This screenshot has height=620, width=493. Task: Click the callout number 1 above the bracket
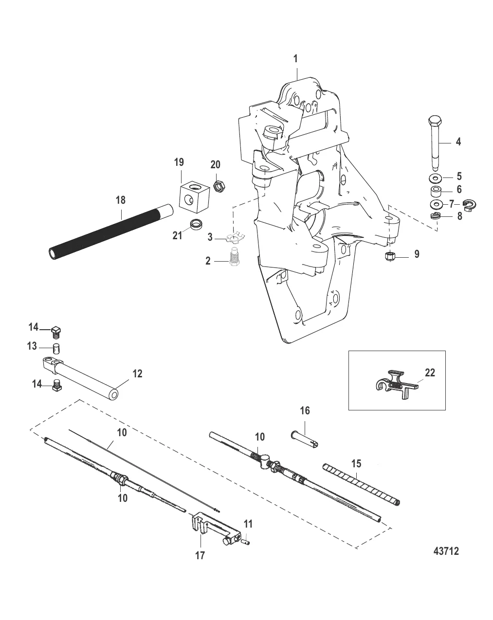[295, 59]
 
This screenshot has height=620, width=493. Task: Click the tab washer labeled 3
[234, 238]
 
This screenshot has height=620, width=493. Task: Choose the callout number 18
[120, 199]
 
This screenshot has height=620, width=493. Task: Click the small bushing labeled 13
[56, 348]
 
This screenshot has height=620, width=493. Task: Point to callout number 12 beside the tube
[137, 373]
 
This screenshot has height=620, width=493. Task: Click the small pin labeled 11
[246, 538]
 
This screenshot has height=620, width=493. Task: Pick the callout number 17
[201, 555]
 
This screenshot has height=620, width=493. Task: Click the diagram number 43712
[446, 551]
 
